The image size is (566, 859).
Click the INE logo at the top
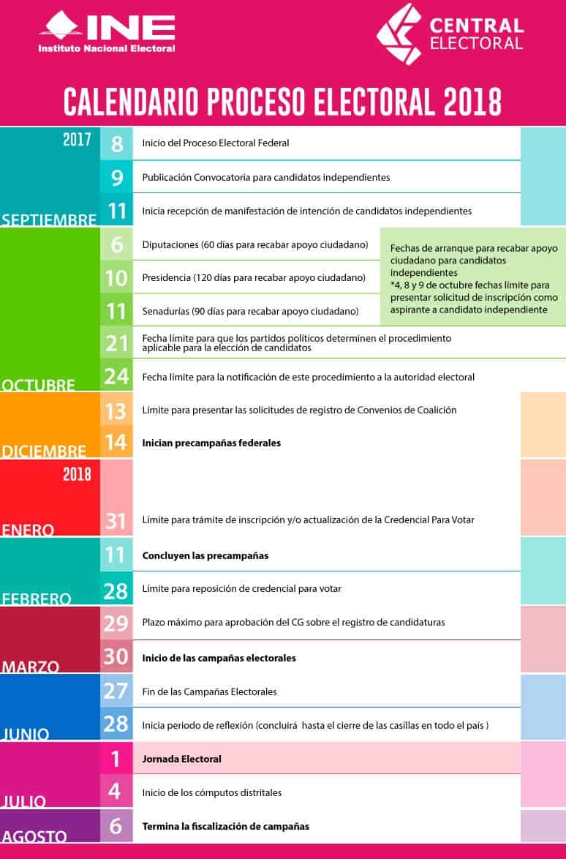tap(107, 32)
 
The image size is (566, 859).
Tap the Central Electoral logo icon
tap(400, 34)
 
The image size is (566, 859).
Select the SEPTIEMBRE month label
tap(49, 220)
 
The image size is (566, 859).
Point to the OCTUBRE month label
tap(39, 385)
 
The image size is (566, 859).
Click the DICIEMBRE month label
tap(44, 451)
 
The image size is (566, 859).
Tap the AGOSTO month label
tap(34, 836)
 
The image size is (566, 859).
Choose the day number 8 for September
tap(117, 143)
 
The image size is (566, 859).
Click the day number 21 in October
tap(117, 342)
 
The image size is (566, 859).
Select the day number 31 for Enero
tap(116, 520)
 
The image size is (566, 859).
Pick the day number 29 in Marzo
tap(116, 623)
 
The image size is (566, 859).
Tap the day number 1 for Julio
tap(116, 759)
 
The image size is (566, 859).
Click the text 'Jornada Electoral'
tap(181, 759)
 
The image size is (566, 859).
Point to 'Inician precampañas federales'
tap(211, 443)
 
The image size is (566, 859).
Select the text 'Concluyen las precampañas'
tap(205, 555)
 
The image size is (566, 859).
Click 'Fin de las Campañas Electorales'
tap(209, 691)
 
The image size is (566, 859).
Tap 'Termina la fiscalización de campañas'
tap(225, 826)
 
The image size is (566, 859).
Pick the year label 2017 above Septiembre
tap(77, 139)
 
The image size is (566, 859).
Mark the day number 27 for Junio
tap(116, 691)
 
